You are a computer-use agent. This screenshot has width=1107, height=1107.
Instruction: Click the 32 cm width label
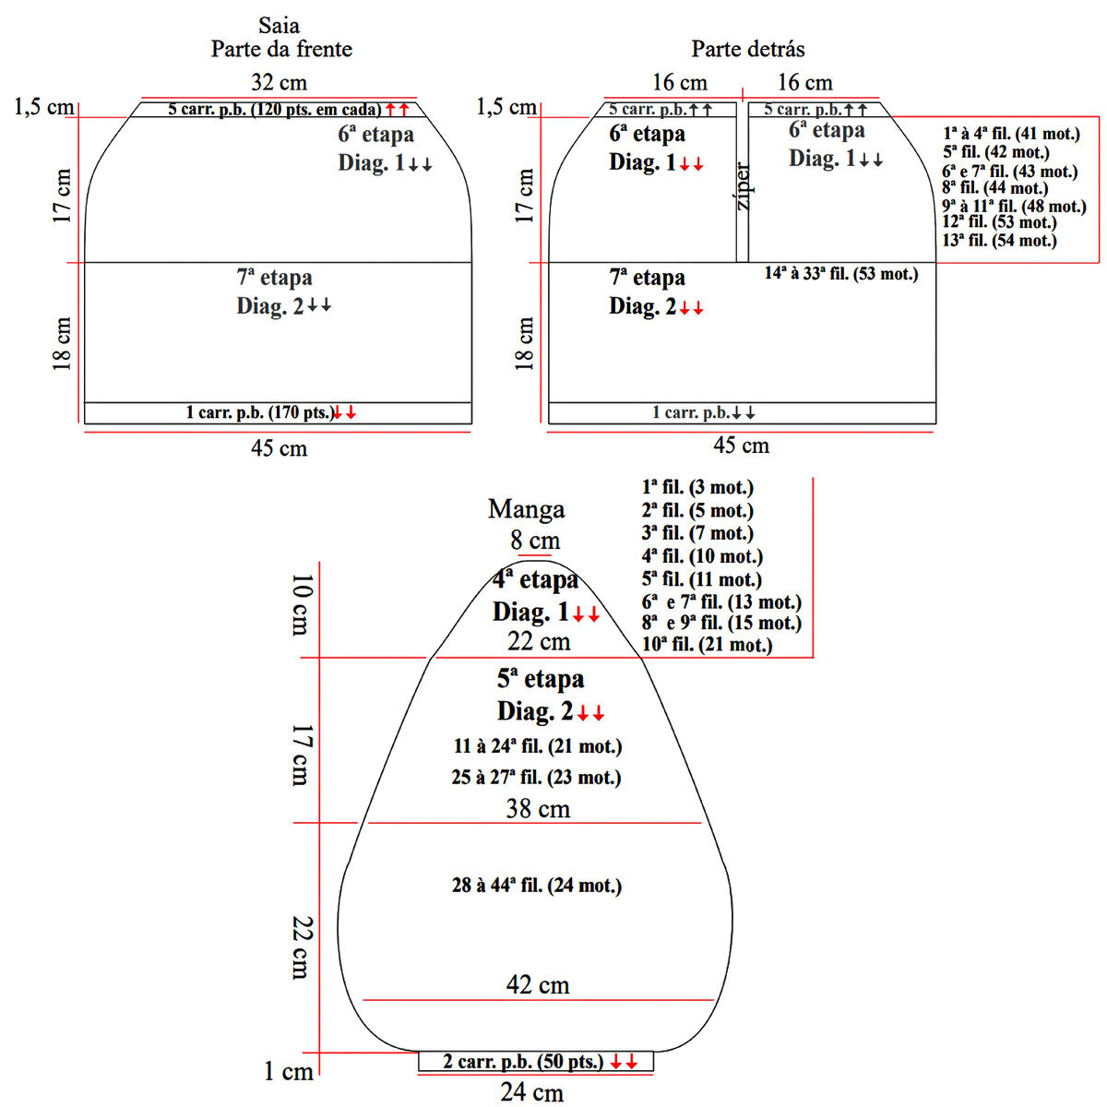pyautogui.click(x=279, y=82)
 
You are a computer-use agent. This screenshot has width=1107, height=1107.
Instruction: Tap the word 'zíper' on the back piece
pyautogui.click(x=744, y=187)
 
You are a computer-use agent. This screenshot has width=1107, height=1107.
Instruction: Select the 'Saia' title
pyautogui.click(x=279, y=25)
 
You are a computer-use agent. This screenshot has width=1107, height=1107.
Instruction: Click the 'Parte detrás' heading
pyautogui.click(x=748, y=48)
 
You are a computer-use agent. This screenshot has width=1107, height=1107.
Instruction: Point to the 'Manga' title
pyautogui.click(x=526, y=509)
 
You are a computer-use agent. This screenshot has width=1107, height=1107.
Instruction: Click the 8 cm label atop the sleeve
pyautogui.click(x=535, y=540)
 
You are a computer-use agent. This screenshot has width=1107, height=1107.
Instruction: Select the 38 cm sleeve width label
pyautogui.click(x=538, y=809)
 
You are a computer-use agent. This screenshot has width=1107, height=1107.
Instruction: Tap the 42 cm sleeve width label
pyautogui.click(x=538, y=985)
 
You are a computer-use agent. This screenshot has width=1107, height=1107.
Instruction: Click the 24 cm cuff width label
pyautogui.click(x=531, y=1093)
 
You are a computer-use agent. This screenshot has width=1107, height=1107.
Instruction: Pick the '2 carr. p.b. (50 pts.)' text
pyautogui.click(x=523, y=1062)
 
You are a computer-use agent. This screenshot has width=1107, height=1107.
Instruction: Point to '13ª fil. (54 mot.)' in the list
pyautogui.click(x=999, y=241)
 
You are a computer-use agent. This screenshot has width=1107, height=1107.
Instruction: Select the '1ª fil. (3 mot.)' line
pyautogui.click(x=697, y=487)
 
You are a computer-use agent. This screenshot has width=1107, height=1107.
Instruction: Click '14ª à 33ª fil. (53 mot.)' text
pyautogui.click(x=841, y=273)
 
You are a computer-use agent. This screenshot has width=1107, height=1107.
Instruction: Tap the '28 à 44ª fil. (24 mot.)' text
pyautogui.click(x=537, y=886)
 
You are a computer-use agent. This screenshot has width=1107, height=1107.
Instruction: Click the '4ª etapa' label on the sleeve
pyautogui.click(x=535, y=580)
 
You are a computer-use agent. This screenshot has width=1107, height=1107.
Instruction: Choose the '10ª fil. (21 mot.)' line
pyautogui.click(x=707, y=645)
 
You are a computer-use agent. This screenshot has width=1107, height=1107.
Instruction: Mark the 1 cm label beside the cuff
pyautogui.click(x=289, y=1072)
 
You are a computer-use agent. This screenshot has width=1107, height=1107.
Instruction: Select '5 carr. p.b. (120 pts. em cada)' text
pyautogui.click(x=274, y=110)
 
